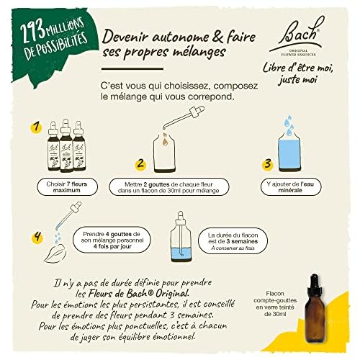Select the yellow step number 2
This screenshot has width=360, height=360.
[x=141, y=163]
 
